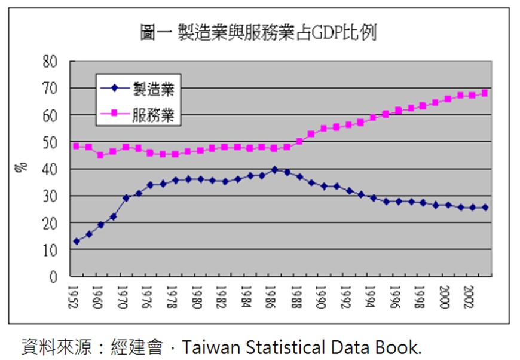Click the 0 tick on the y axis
click(x=54, y=277)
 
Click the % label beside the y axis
click(x=22, y=167)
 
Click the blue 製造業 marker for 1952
click(x=77, y=242)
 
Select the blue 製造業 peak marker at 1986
click(x=274, y=170)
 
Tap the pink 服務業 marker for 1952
click(x=77, y=146)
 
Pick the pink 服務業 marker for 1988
click(x=299, y=141)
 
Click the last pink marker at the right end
click(x=484, y=93)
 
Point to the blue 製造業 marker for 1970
click(x=126, y=198)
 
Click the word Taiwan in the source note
click(x=202, y=347)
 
